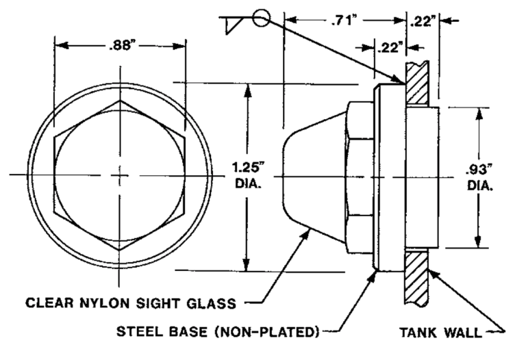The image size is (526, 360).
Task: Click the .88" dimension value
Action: point(121,47)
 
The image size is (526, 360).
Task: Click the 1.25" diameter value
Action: point(248,167)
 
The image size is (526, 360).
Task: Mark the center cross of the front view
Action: point(121,175)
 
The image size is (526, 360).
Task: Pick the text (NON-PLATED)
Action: point(271,333)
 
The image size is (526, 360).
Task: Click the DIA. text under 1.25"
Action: point(248,183)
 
